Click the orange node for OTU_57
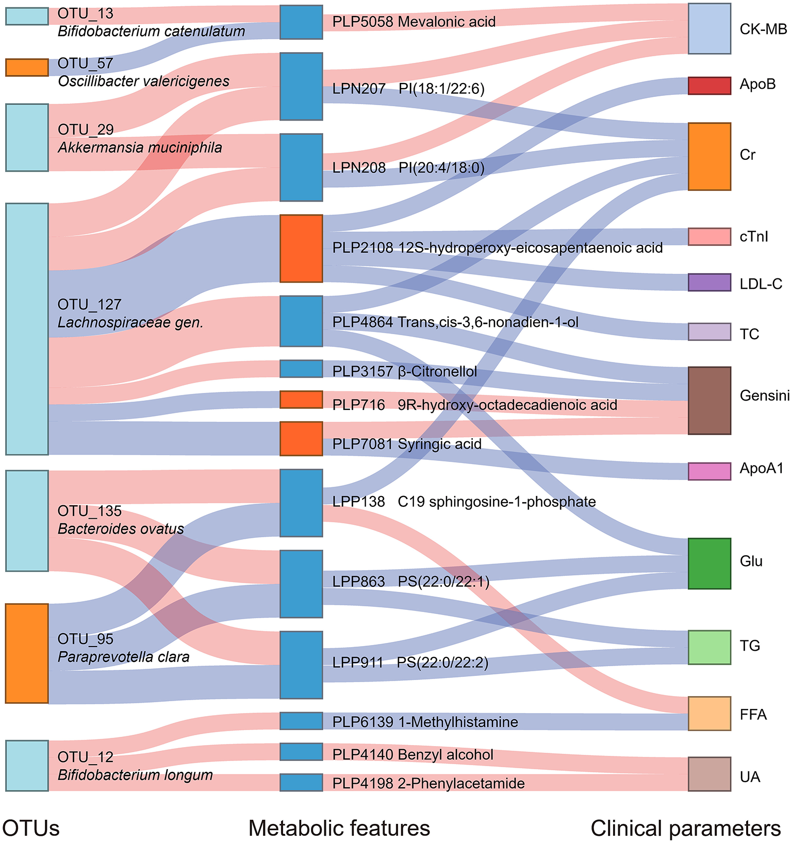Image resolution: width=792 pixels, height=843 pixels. [27, 68]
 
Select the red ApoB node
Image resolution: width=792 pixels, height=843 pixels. [709, 86]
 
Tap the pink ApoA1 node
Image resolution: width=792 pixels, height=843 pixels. [709, 471]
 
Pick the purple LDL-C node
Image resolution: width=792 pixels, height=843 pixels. [709, 283]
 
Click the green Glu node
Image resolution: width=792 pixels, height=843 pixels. [709, 564]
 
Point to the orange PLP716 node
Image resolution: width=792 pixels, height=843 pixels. [301, 400]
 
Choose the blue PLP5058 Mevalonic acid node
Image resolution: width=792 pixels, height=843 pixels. [301, 22]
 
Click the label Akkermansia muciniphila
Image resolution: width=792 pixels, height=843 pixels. [140, 148]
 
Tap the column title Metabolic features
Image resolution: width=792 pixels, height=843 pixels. [339, 828]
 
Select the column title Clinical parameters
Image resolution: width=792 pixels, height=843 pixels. [685, 828]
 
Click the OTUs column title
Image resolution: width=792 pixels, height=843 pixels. [31, 828]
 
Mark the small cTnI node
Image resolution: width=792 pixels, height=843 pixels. [709, 237]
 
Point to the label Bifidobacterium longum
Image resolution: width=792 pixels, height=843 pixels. [135, 775]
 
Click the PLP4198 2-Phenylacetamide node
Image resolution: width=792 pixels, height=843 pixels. [301, 783]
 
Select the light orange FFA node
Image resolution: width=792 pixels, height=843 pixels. [709, 714]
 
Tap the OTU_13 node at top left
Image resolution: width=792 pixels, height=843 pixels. [27, 16]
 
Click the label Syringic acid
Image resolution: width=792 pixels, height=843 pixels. [439, 444]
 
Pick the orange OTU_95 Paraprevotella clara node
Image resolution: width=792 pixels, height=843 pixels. [27, 653]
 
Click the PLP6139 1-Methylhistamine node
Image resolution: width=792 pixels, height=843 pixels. [301, 721]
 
